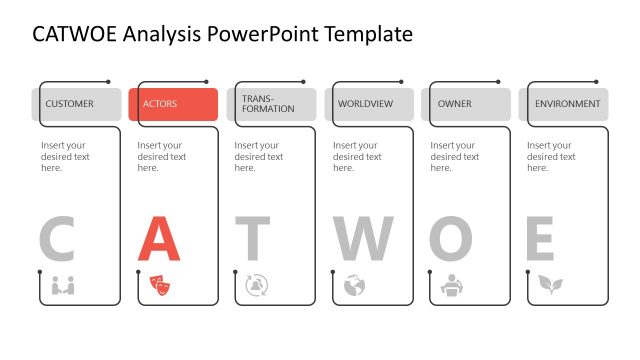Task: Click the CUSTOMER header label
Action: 69,104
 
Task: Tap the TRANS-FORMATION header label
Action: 268,104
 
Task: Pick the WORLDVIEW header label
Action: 365,104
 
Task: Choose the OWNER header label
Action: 455,104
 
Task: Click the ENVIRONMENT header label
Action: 567,104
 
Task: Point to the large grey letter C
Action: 57,239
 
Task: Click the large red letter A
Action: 158,239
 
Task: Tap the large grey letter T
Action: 253,239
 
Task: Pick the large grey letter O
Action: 451,239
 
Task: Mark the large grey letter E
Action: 540,239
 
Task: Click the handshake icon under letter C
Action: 63,285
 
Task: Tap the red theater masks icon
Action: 160,285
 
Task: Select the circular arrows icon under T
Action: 257,285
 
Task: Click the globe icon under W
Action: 354,285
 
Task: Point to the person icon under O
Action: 452,285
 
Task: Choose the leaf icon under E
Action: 549,285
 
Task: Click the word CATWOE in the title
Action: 75,34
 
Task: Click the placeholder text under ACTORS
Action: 161,156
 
